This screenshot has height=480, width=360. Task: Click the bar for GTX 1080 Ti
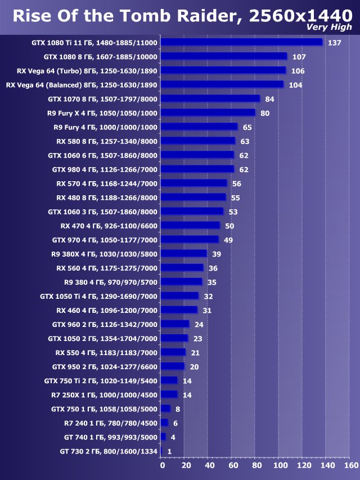tap(241, 42)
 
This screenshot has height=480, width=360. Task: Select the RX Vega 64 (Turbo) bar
tap(223, 70)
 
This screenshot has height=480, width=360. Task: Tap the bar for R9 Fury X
tap(208, 113)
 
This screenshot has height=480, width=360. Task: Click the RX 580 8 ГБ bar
tap(197, 141)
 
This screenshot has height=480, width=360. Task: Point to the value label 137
tap(335, 43)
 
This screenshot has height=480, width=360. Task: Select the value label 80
tap(265, 113)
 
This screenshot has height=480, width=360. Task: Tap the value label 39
tap(217, 254)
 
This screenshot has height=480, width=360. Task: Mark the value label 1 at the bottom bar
tap(169, 451)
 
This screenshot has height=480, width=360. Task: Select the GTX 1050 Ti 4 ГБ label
tap(99, 296)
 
